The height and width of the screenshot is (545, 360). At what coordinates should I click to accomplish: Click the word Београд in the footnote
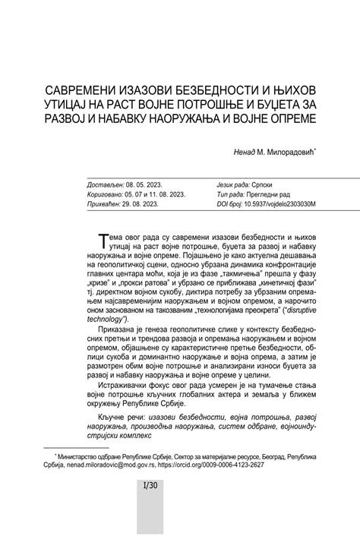pyautogui.click(x=272, y=456)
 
